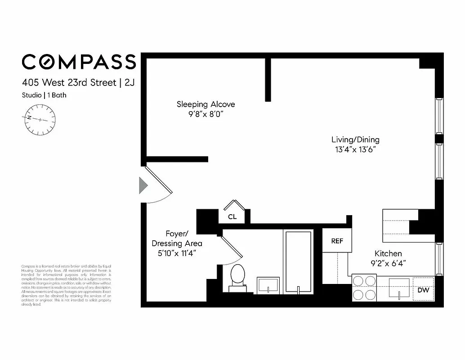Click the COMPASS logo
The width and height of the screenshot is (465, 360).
(x=79, y=62)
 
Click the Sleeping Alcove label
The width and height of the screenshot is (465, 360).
(x=206, y=104)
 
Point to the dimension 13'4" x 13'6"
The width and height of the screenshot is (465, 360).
(x=355, y=149)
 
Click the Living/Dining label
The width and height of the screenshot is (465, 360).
(x=355, y=139)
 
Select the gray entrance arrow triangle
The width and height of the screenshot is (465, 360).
(x=143, y=185)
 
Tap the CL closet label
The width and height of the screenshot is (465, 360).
(x=232, y=216)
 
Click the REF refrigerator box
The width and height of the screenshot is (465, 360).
(x=337, y=241)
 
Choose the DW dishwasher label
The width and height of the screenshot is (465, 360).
(x=423, y=290)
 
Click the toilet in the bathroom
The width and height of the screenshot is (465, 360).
(x=237, y=275)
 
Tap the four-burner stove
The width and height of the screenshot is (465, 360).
(x=364, y=288)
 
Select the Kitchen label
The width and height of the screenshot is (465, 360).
(x=388, y=254)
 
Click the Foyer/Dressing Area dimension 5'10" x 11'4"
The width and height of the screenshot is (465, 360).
(x=177, y=253)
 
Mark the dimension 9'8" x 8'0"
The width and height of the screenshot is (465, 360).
(x=206, y=114)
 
